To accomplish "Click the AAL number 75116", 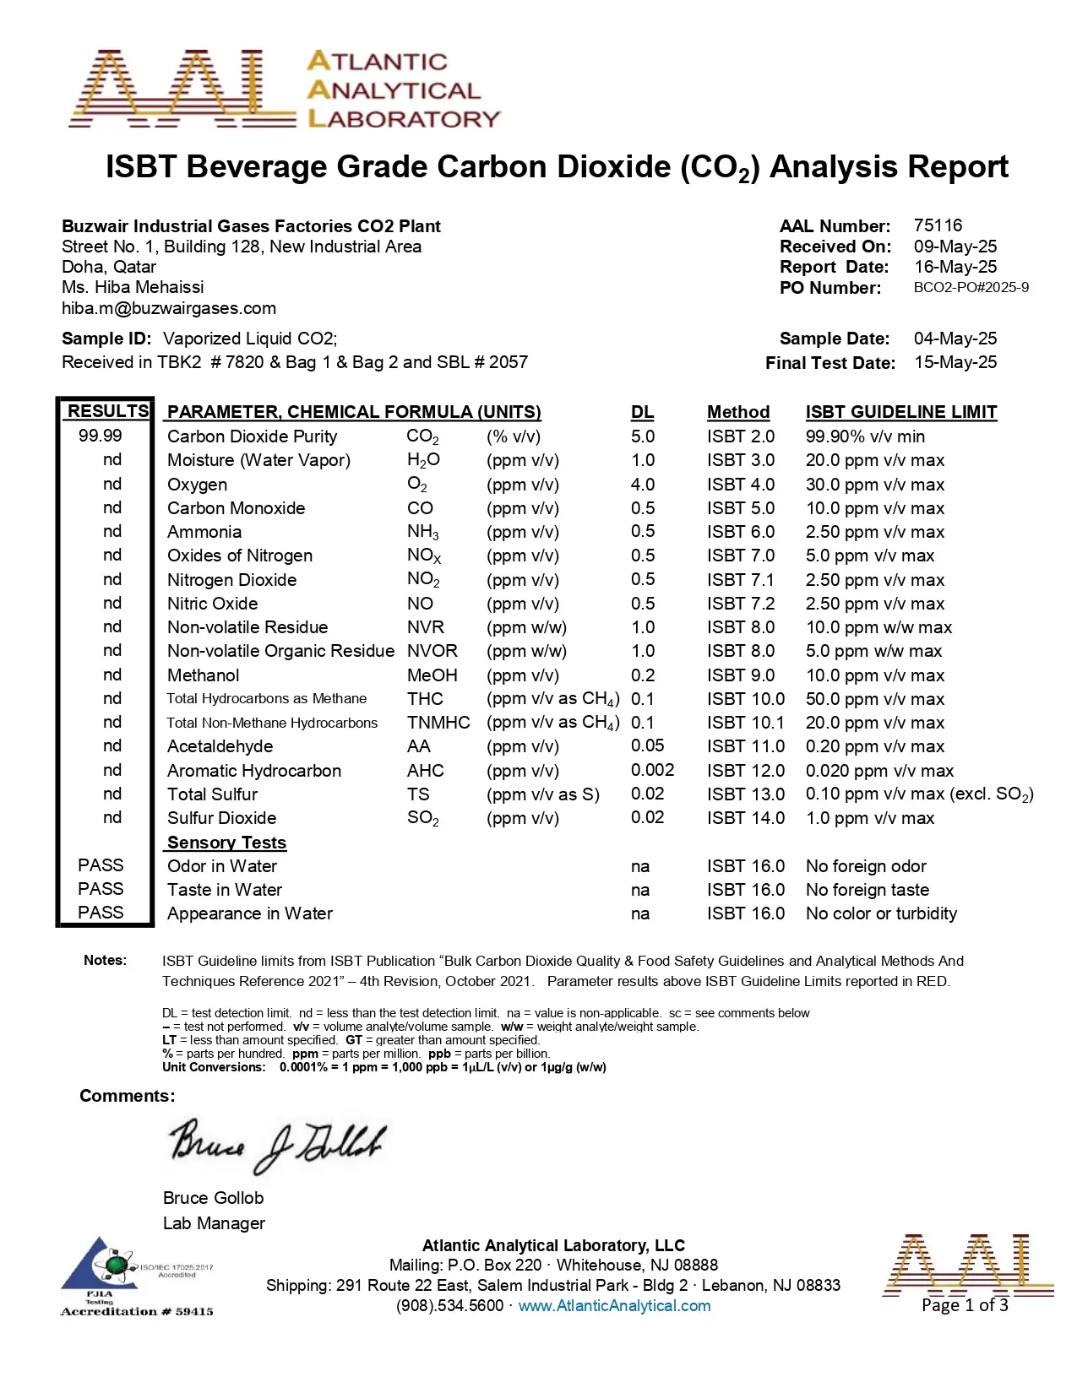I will (938, 225).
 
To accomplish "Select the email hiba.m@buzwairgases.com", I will (169, 308).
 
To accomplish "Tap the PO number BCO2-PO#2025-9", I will (971, 288).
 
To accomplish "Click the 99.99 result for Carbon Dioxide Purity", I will (101, 436).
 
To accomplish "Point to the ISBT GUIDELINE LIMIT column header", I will (900, 412).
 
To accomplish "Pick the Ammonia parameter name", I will (204, 532).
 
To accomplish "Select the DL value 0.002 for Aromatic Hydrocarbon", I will (652, 770).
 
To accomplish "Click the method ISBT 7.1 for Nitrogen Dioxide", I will (741, 580).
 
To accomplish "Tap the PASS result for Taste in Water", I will (101, 889).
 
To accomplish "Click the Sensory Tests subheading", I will (226, 843).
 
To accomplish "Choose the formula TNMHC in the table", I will (438, 723).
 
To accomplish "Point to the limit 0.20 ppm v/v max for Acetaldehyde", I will (874, 746).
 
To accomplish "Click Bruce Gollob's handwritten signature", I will (276, 1144).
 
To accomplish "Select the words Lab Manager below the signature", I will (214, 1223).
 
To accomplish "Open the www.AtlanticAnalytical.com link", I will (614, 1306).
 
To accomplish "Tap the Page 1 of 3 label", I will (965, 1305).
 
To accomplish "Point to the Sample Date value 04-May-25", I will (955, 339).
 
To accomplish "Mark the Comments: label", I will (128, 1096).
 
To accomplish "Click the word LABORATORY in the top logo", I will (405, 119).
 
